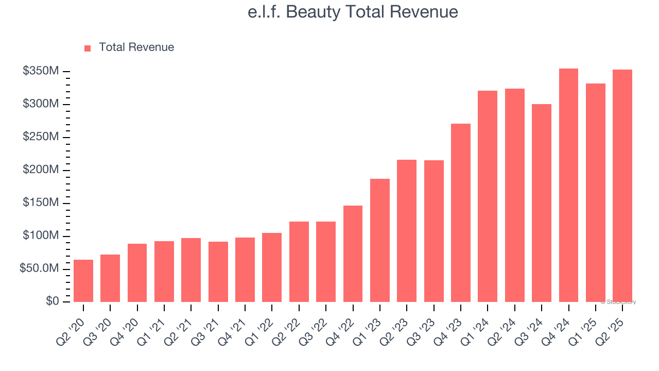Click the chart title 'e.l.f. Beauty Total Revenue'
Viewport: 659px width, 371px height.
353,12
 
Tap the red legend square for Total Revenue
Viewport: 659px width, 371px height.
88,48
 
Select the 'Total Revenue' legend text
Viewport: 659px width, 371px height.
136,47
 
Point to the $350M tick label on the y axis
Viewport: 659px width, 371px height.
41,71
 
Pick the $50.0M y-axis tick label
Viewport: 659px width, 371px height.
39,269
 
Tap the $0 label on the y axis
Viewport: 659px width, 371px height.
51,301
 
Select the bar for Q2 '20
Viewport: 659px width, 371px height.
83,281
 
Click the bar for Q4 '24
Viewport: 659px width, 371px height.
568,185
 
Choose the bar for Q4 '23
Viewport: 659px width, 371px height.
461,213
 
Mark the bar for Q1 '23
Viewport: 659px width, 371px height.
380,240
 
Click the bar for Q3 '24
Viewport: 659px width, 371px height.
542,203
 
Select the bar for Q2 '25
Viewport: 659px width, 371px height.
622,185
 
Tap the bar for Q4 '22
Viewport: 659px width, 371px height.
353,254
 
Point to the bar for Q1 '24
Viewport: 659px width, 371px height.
488,196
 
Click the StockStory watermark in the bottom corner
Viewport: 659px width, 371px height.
618,302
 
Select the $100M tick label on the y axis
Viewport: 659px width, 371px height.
41,236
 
